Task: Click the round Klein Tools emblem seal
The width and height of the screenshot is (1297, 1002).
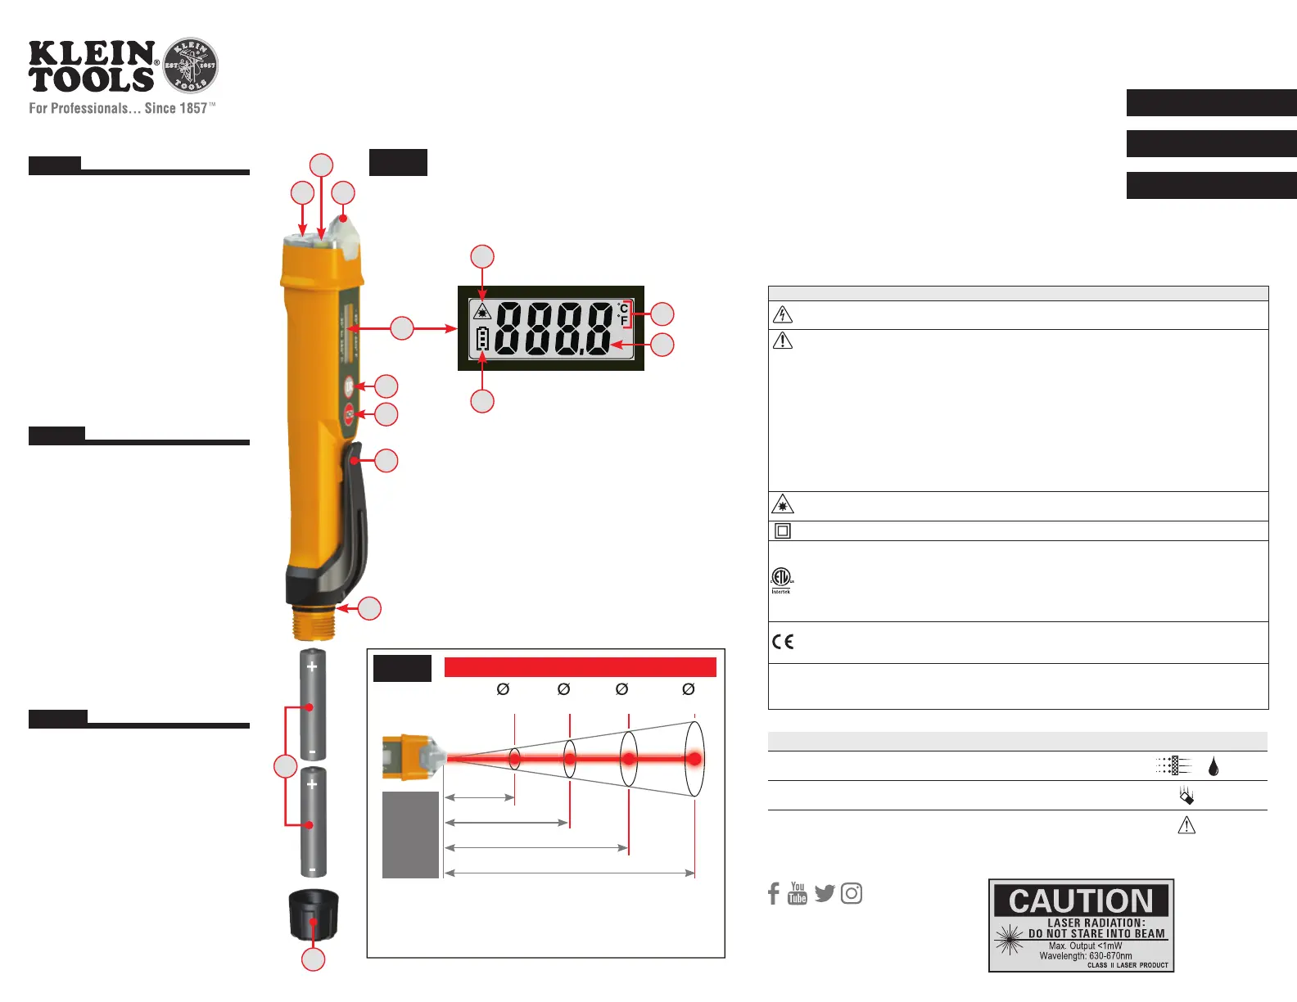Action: tap(191, 65)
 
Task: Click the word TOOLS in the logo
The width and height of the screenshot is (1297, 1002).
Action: tap(92, 80)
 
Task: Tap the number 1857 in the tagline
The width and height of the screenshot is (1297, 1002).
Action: tap(192, 108)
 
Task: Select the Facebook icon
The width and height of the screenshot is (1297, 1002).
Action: tap(774, 893)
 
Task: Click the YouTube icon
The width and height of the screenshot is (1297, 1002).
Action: tap(798, 893)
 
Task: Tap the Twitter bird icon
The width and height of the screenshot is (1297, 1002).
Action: tap(825, 893)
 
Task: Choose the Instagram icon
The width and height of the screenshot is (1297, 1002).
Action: tap(851, 893)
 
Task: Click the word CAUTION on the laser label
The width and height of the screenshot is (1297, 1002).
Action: tap(1081, 901)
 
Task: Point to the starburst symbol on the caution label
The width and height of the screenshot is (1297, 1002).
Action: tap(1009, 939)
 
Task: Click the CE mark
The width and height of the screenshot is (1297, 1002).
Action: tap(783, 642)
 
